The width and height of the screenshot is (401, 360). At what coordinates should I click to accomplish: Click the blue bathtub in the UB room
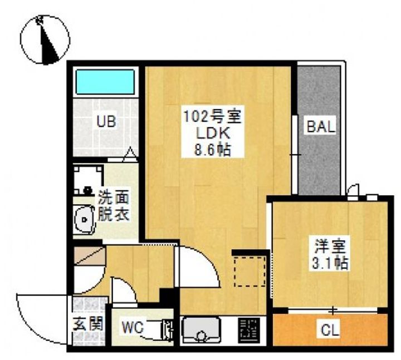point(105,82)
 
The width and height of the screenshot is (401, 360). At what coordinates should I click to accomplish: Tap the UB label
point(106,122)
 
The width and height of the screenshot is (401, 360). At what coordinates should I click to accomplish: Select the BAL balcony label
point(321,126)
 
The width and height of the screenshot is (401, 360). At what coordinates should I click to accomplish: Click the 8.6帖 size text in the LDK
point(213,150)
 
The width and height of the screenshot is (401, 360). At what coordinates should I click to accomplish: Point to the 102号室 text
point(213,117)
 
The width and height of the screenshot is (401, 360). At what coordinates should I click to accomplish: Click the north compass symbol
point(45,40)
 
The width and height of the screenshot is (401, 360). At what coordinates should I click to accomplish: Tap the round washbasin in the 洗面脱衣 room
point(84,219)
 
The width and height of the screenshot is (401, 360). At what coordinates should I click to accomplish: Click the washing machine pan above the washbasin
point(89,180)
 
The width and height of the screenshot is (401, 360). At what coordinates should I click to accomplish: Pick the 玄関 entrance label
point(88,324)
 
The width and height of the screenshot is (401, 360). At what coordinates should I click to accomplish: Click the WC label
point(132,327)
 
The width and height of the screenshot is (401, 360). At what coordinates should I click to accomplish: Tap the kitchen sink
point(200,330)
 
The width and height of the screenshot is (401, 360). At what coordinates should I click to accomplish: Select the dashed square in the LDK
point(250,272)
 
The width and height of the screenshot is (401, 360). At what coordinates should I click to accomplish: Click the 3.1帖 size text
point(330,263)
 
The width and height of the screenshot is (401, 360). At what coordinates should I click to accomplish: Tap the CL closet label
point(330,330)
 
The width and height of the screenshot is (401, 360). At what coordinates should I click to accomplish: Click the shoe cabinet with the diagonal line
point(90,255)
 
